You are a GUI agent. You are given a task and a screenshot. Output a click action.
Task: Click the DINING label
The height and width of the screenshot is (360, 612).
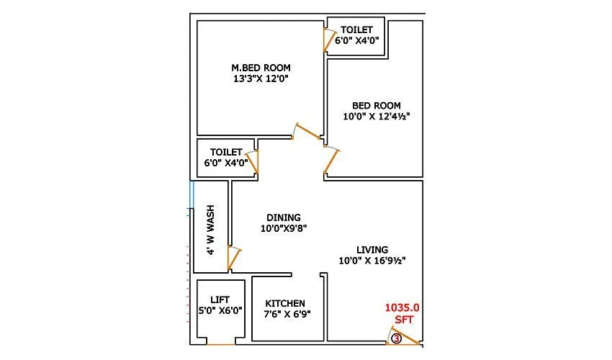coord(284,217)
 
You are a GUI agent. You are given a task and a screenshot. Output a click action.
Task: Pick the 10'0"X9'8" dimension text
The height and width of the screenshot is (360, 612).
coord(284,228)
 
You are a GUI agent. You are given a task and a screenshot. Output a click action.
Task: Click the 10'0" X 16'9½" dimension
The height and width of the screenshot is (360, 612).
coord(372,261)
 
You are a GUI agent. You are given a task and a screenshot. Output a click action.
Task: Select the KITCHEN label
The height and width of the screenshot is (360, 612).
coord(285,303)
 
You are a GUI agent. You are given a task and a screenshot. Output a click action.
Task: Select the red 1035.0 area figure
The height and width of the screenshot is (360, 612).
coord(401,307)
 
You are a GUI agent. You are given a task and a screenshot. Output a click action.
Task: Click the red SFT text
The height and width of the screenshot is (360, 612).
coord(402,319)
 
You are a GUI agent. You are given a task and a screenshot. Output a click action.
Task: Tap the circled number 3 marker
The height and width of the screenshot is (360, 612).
coord(396,338)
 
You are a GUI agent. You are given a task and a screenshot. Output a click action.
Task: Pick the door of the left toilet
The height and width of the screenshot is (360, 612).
coord(252,162)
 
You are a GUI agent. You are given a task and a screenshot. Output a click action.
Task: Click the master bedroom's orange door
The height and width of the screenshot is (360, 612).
coord(307,134)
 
